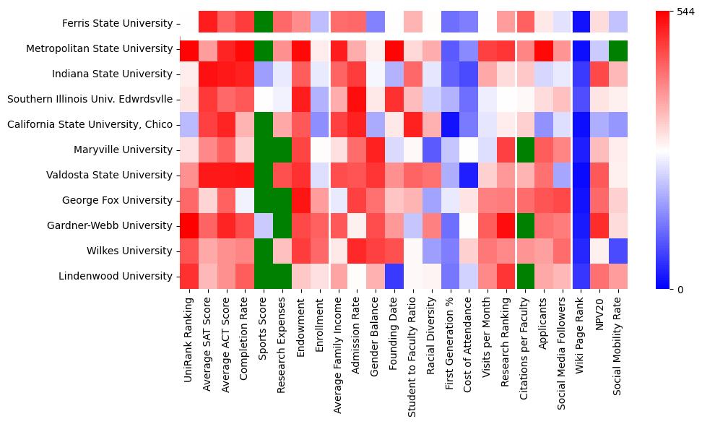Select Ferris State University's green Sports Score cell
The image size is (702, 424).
[x=264, y=24]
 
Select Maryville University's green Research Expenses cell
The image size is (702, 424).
[x=283, y=150]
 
